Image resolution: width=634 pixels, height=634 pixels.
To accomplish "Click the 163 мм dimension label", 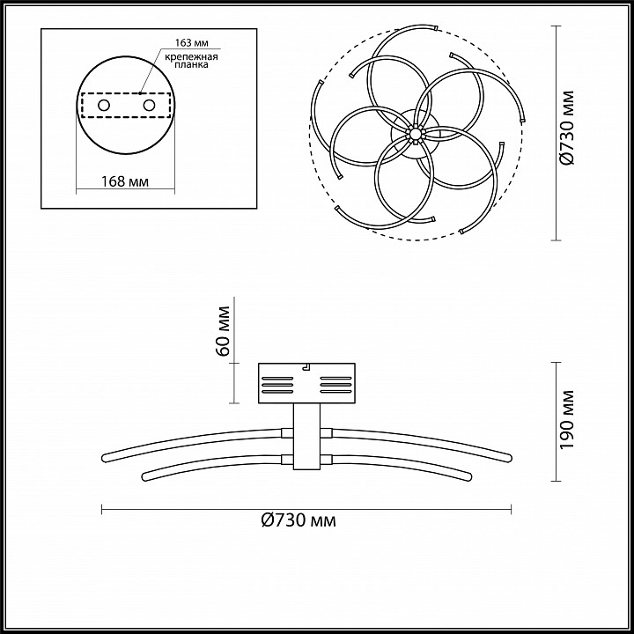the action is (192, 43).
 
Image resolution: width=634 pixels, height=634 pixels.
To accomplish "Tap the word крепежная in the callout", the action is (191, 56).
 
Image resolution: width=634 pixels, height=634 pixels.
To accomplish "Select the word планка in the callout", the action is (192, 64).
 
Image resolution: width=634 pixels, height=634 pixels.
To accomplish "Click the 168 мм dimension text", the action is (125, 181).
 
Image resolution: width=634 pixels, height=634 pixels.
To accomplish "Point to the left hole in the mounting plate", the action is (104, 106).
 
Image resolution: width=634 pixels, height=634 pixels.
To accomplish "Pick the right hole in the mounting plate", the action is (149, 106).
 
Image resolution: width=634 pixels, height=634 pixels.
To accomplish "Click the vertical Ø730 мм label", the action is (567, 129).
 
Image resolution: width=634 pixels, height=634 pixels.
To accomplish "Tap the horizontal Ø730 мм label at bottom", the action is (299, 520).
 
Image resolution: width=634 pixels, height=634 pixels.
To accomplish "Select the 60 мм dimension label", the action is (223, 331).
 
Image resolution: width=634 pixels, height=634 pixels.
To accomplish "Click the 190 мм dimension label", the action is (567, 420).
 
